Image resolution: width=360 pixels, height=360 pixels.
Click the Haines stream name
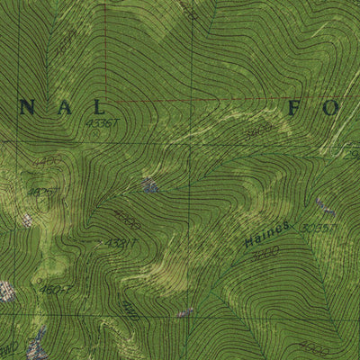pyautogui.click(x=262, y=238)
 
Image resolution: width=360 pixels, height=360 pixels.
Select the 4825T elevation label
pyautogui.click(x=40, y=192)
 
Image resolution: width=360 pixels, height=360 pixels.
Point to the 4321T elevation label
pyautogui.click(x=121, y=243)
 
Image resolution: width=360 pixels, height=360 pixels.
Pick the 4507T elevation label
pyautogui.click(x=54, y=290)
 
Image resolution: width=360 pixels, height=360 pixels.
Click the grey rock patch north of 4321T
pyautogui.click(x=149, y=186)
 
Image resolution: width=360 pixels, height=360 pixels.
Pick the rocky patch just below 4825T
pyautogui.click(x=29, y=219)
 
